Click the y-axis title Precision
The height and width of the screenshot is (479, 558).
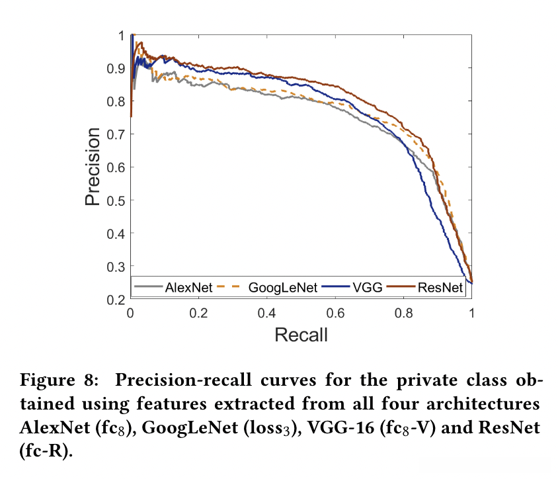coord(94,167)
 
